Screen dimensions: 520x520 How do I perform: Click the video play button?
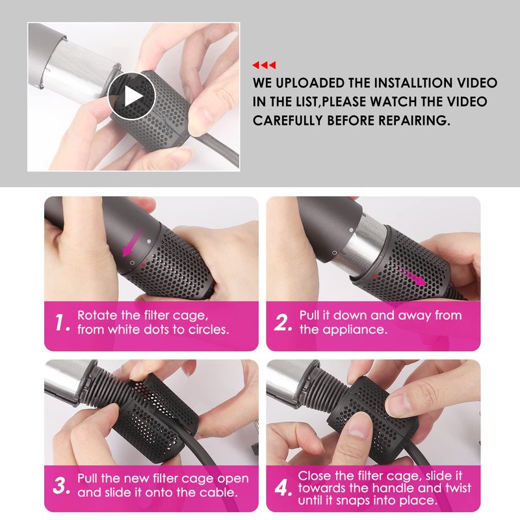[x=131, y=96]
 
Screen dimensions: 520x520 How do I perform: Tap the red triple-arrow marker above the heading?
[x=264, y=65]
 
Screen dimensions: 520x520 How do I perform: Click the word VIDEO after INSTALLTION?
[x=477, y=83]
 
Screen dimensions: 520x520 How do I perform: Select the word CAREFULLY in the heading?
[x=287, y=120]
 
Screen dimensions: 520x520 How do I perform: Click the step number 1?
[x=62, y=322]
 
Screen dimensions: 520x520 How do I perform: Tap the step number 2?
[x=283, y=322]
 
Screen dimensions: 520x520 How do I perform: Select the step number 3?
[x=61, y=486]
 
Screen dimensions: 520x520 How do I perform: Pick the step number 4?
[x=283, y=487]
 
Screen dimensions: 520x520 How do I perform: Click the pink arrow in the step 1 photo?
[x=132, y=242]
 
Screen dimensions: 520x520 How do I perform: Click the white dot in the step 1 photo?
[x=149, y=241]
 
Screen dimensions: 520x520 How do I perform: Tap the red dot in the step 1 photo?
[x=143, y=265]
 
